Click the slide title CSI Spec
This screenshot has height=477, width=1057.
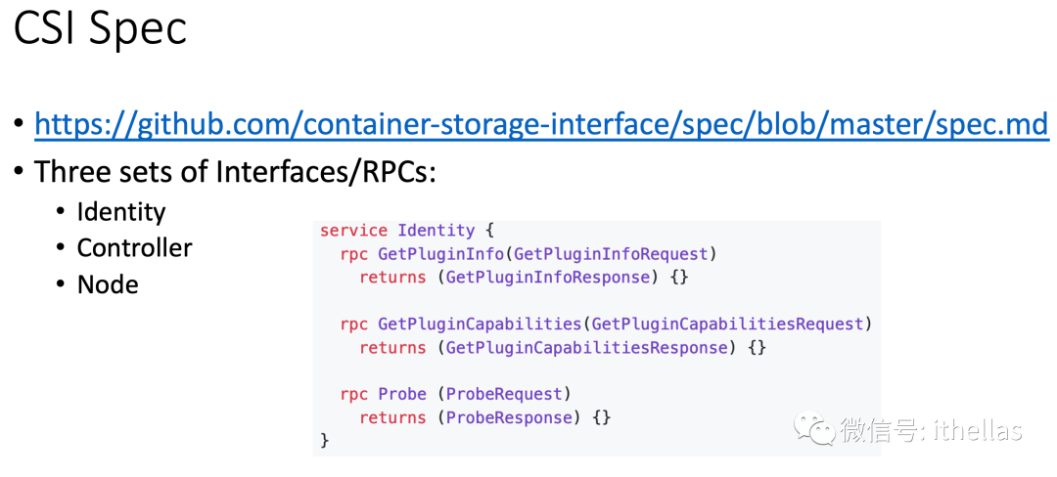(x=100, y=30)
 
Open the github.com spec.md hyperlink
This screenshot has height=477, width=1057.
(x=541, y=125)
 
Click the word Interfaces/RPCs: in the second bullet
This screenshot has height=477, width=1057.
(x=326, y=172)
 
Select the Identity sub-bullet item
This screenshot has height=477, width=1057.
(x=121, y=212)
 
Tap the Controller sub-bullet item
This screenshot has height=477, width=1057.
(x=135, y=248)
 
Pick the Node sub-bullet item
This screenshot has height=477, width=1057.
(x=108, y=285)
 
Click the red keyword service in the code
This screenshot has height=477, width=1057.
(x=353, y=231)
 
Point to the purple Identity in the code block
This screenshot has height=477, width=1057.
(x=436, y=231)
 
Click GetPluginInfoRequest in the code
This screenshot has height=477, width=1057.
(x=612, y=254)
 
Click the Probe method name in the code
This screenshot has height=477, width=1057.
(x=402, y=395)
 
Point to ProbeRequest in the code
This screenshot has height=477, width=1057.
(x=504, y=395)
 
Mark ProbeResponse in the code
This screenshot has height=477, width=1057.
(x=509, y=418)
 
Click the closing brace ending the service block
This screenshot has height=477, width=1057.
(x=325, y=441)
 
